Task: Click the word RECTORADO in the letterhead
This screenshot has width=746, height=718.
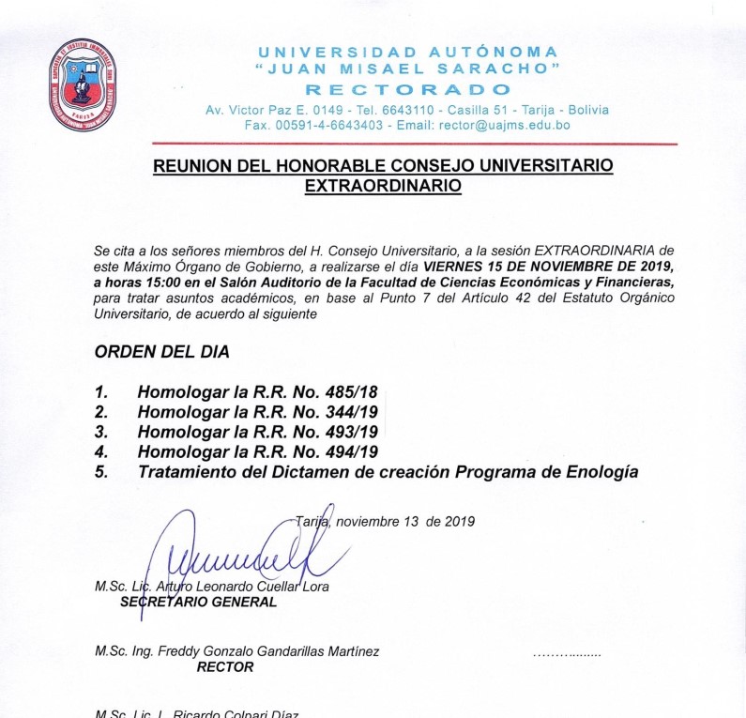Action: (408, 90)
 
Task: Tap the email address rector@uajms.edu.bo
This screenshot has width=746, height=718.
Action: (495, 125)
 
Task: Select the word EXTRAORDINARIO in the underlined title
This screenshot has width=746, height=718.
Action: (384, 186)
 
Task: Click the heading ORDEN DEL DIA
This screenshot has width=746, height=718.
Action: (161, 353)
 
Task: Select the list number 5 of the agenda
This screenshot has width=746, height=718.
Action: (101, 472)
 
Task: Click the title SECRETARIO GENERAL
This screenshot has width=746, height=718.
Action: (199, 603)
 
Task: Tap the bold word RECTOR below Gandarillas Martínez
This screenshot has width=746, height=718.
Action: (225, 667)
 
